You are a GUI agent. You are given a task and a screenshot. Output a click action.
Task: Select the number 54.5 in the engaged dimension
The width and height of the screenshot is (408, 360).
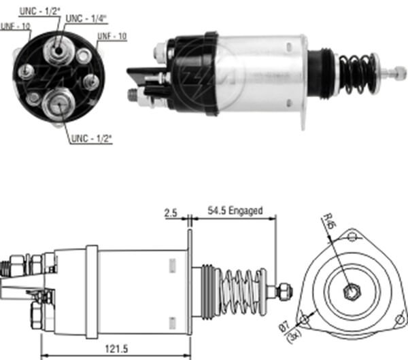tap(216, 211)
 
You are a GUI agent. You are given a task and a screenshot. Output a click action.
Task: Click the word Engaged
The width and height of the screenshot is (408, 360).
tap(245, 211)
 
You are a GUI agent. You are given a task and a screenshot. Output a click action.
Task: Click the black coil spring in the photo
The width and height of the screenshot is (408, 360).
tap(356, 73)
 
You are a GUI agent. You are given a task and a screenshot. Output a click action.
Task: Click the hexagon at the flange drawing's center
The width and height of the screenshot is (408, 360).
tap(351, 293)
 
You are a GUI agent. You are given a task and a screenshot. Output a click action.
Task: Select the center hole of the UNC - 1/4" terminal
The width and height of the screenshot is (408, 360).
tap(59, 48)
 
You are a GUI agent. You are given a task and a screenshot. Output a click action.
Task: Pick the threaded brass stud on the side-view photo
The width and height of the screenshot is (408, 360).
tap(132, 94)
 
